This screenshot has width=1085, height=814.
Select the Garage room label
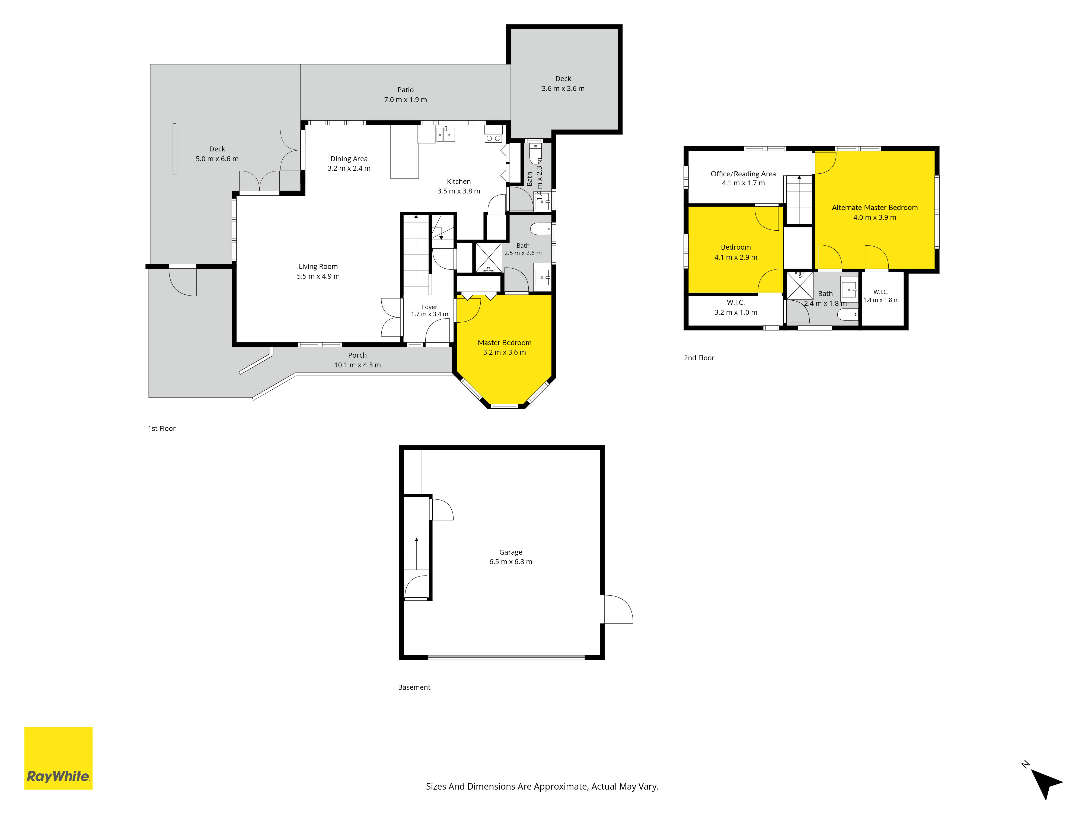[x=510, y=552]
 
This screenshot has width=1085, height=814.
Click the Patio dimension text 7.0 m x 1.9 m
[x=405, y=100]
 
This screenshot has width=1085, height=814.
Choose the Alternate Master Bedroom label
[x=875, y=208]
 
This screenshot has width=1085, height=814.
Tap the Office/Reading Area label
[x=743, y=174]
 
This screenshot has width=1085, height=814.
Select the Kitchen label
[x=459, y=182]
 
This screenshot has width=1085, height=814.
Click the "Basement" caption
[x=414, y=687]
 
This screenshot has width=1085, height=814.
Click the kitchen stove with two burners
[x=493, y=138]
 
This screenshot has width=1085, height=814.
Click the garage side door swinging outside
[x=617, y=609]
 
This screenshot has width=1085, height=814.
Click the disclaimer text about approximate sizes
[x=542, y=787]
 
